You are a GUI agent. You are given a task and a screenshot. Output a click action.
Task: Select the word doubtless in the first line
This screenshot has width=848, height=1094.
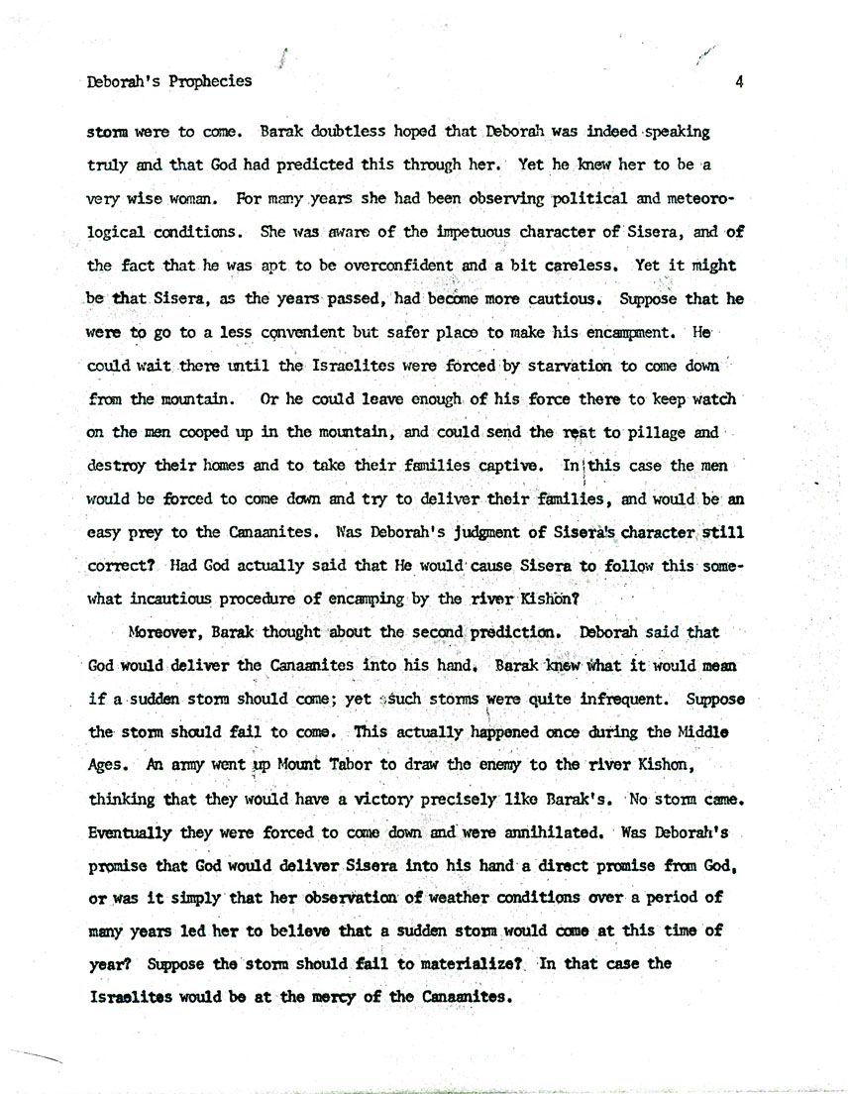354,131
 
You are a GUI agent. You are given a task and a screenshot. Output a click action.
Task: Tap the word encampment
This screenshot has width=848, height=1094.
609,332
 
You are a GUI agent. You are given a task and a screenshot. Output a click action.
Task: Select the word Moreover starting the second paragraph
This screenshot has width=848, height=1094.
163,632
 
